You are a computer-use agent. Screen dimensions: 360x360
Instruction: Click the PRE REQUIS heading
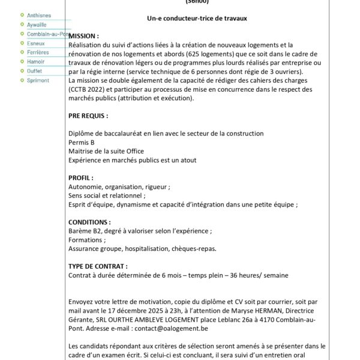tap(89, 116)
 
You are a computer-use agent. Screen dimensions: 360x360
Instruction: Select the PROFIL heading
tap(82, 178)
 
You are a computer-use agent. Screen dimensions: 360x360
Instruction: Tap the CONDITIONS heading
tap(90, 222)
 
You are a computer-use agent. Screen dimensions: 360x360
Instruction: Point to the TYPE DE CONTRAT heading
tap(99, 266)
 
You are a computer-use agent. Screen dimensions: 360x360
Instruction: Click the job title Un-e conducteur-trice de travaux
tap(197, 19)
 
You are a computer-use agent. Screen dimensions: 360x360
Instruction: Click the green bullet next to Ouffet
tap(22, 71)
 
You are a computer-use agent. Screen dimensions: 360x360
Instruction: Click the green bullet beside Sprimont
tap(22, 80)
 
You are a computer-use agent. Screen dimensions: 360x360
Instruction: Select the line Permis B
tap(82, 143)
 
